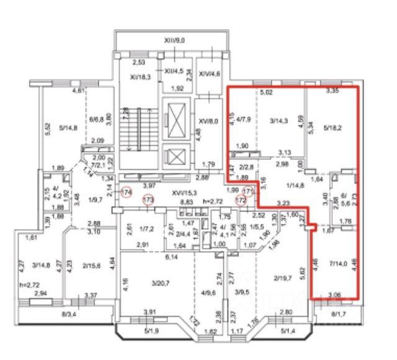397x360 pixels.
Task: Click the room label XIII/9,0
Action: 175,40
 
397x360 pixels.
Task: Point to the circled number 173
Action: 148,201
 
